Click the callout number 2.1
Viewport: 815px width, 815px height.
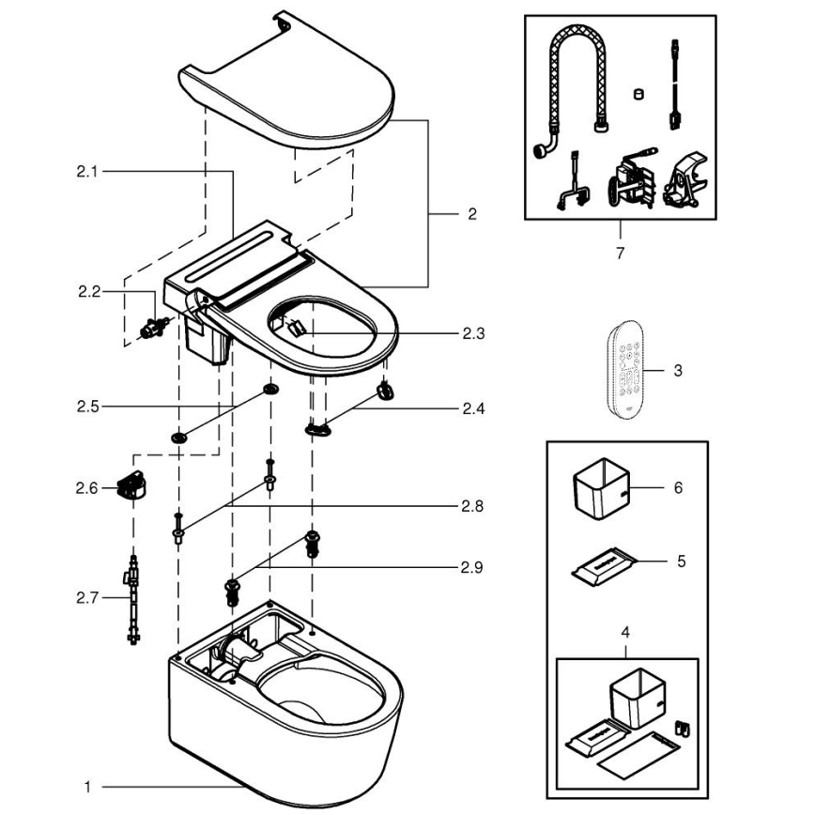click(x=86, y=172)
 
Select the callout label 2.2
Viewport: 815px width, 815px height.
click(x=88, y=292)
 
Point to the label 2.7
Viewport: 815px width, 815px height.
click(x=88, y=596)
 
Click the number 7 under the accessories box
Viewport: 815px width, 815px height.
click(x=619, y=253)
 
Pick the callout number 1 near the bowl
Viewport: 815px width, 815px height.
click(x=86, y=785)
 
